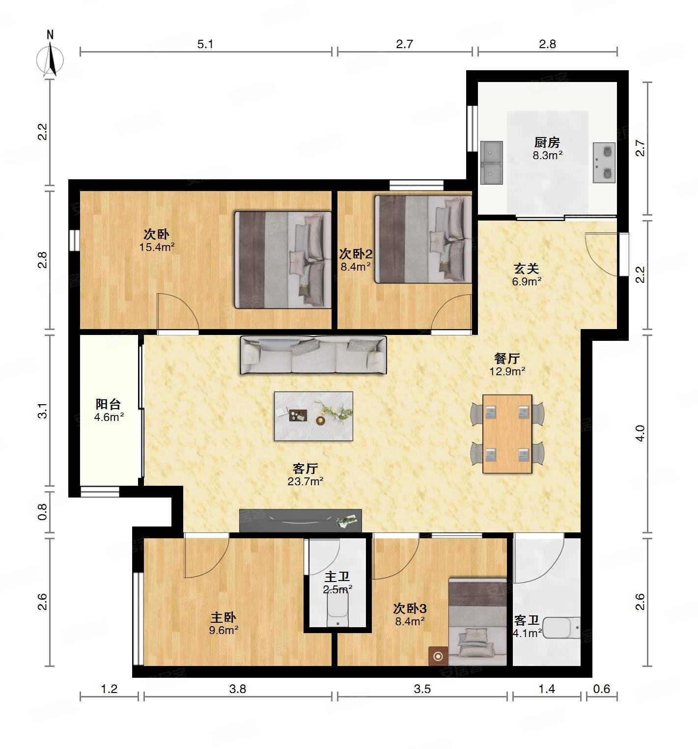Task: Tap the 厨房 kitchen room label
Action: (x=547, y=142)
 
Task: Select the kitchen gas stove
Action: (x=604, y=163)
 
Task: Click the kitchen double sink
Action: (x=492, y=163)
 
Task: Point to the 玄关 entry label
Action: (x=527, y=268)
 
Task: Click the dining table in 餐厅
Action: (x=507, y=434)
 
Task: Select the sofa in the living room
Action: (x=313, y=355)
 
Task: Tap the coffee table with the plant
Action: (x=313, y=416)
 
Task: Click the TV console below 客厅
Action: (x=301, y=521)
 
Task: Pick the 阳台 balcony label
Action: (x=108, y=404)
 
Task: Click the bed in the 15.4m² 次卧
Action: (x=283, y=260)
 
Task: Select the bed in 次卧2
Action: (x=423, y=239)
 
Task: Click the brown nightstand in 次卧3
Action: (x=438, y=656)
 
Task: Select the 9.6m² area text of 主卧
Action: (x=223, y=630)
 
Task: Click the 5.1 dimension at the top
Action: (x=205, y=44)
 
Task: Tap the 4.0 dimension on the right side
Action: (x=640, y=433)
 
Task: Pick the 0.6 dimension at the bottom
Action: (x=602, y=689)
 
